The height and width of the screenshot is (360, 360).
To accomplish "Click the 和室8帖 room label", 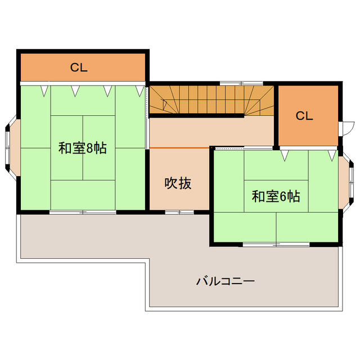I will [x=83, y=148].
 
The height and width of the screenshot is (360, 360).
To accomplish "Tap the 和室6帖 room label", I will [x=276, y=196].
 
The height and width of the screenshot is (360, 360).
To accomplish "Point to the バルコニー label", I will [x=226, y=281].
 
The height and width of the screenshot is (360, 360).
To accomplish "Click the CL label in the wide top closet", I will [x=79, y=67].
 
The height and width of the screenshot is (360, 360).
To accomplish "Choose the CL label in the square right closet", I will [x=304, y=116].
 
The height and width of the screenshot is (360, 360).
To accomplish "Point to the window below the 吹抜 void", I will [x=179, y=212].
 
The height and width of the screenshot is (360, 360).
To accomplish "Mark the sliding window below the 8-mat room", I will [x=83, y=212].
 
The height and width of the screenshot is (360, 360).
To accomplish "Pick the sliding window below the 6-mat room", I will [x=276, y=244].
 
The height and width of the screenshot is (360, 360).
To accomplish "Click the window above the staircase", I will [x=232, y=84].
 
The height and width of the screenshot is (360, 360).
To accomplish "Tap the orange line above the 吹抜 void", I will [x=178, y=147].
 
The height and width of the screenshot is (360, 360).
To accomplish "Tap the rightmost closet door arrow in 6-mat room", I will [x=332, y=153].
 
